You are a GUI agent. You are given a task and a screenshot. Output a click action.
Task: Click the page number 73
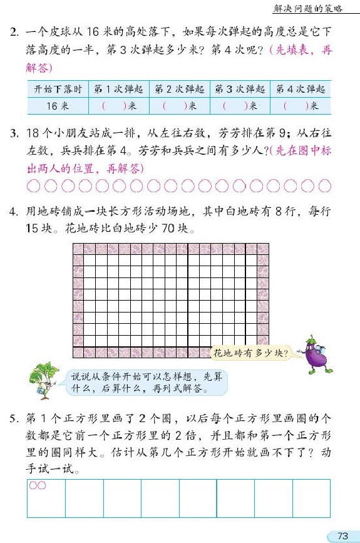(342, 535)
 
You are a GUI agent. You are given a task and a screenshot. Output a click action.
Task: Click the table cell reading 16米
(58, 106)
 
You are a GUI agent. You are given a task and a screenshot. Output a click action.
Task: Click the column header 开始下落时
(58, 89)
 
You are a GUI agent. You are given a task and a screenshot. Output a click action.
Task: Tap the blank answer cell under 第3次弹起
(240, 106)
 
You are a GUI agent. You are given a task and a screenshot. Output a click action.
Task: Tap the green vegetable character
(44, 380)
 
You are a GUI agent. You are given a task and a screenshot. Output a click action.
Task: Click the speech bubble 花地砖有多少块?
(250, 353)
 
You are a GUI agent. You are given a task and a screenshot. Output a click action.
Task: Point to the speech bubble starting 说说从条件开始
(145, 383)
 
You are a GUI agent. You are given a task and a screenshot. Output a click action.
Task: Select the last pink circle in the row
(324, 185)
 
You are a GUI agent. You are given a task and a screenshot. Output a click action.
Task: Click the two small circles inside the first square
(38, 485)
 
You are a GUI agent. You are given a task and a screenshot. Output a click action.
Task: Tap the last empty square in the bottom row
(311, 499)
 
